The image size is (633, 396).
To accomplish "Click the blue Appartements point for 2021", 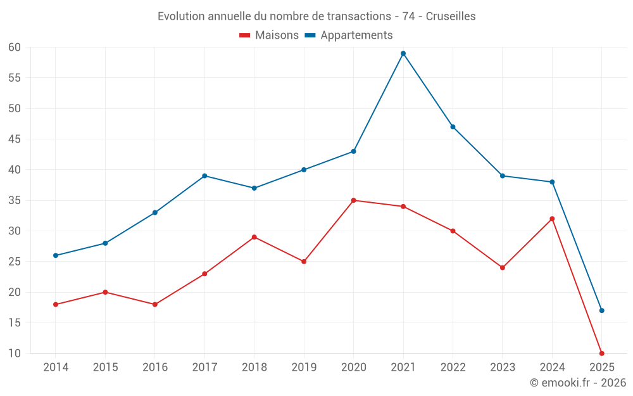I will point(403,53).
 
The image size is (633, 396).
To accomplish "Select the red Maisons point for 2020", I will point(353,200).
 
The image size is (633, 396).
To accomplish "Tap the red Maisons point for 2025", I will point(602,354).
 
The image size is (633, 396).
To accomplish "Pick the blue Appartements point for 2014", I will point(56,255).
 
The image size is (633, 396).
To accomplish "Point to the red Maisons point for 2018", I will point(254,237).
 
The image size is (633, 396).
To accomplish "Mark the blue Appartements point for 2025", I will point(602,310).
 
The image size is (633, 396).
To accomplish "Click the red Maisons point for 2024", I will point(552,219).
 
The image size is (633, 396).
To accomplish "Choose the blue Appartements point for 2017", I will point(204,176).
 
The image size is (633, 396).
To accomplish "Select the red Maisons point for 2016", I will point(154,304).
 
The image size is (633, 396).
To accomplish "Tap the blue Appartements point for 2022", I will point(453,127).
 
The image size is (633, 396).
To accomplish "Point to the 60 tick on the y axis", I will point(15,48).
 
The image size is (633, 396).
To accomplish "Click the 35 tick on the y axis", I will point(15,200).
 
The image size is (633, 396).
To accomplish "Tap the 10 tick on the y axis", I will point(15,354).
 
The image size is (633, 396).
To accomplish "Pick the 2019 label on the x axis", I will point(304,367).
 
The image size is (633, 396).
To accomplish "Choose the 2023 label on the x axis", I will point(503,367).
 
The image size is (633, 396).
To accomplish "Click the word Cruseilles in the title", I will point(451,16).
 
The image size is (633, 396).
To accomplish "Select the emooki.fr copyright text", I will point(578,383).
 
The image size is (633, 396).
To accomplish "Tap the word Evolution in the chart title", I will point(181,16).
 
